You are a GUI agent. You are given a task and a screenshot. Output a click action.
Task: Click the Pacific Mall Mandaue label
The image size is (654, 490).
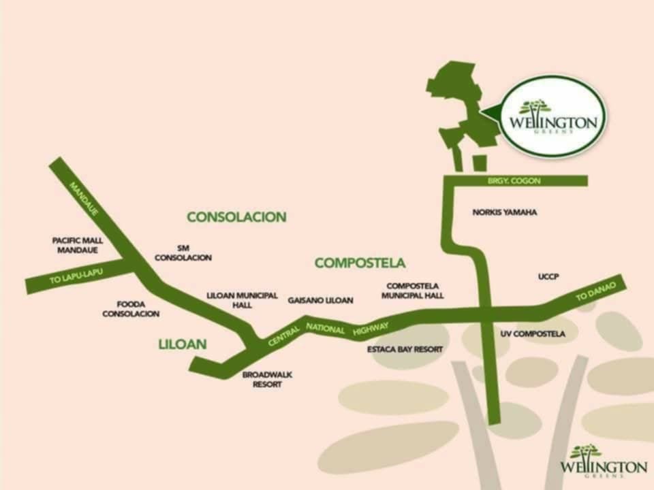[78, 245]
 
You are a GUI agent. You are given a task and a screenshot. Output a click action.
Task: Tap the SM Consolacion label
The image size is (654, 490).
[183, 253]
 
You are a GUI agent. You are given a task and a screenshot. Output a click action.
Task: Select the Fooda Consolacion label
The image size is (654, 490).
[131, 309]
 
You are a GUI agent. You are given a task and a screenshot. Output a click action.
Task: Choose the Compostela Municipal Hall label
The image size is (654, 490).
[413, 291]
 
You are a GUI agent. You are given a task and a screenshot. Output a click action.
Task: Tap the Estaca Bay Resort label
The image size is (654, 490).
[405, 349]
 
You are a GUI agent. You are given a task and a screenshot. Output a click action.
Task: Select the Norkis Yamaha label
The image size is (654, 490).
[504, 212]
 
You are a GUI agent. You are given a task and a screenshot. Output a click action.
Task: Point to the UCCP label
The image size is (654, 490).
[548, 276]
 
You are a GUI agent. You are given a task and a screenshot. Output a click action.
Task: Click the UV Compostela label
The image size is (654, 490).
[533, 334]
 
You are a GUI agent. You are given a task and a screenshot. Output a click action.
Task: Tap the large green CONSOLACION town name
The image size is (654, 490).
[236, 217]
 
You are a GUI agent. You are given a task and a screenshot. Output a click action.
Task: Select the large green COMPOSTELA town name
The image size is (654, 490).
[360, 263]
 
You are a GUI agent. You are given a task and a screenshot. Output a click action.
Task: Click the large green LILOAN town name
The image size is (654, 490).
[182, 344]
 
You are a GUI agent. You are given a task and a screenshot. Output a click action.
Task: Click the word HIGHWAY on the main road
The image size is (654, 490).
[371, 329]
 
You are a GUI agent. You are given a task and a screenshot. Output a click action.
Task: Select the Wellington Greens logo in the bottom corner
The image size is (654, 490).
[603, 462]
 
